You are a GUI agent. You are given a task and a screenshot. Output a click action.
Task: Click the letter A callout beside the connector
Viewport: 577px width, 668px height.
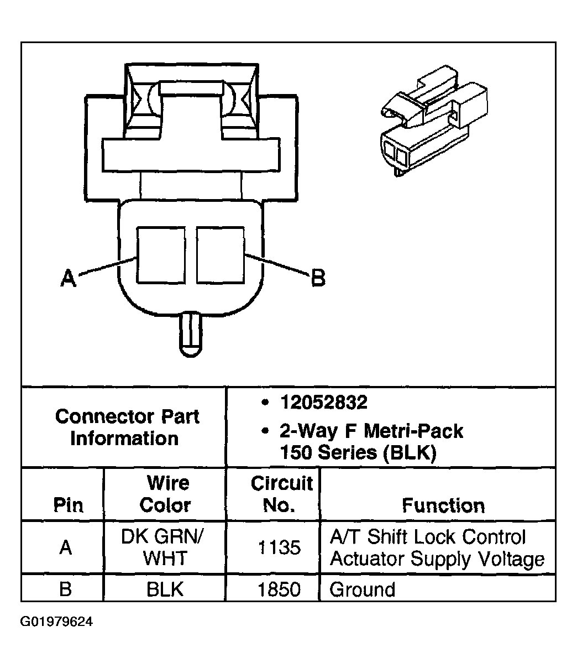tap(68, 278)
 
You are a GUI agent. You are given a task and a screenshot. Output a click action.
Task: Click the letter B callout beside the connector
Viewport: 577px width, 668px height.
tap(318, 278)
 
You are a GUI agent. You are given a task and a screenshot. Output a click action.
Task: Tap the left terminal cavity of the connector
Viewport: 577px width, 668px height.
tap(161, 254)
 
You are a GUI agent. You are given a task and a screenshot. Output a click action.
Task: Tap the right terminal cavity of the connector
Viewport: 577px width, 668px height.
tap(221, 254)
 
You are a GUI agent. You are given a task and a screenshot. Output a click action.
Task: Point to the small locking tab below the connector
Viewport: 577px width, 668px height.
tap(190, 335)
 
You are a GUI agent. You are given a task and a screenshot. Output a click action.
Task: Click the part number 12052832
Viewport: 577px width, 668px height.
tap(323, 403)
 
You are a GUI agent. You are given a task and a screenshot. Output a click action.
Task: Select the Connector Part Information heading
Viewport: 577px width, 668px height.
tap(127, 427)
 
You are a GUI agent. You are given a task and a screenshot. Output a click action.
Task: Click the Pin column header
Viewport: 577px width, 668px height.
tap(68, 505)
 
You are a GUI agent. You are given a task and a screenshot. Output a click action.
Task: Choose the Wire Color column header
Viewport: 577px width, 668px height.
tap(165, 494)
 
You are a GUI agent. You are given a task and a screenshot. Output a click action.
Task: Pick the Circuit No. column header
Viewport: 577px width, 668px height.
tap(281, 494)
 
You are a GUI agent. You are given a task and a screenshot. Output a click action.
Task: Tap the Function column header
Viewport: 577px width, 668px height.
tap(443, 505)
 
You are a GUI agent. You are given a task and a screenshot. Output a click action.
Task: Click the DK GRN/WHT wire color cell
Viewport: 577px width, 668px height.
tap(165, 547)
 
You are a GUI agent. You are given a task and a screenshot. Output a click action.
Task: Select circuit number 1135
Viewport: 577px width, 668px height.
tap(279, 548)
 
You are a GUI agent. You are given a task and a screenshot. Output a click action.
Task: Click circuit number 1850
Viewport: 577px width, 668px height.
tap(279, 589)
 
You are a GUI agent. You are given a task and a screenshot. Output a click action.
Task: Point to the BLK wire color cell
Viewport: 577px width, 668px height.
tap(165, 589)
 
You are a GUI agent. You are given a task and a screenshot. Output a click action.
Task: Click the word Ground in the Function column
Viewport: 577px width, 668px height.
tap(362, 589)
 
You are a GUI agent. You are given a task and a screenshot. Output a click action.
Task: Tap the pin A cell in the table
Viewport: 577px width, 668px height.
tap(65, 547)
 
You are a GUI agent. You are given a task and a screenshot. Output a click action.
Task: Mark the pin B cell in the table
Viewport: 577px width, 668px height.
tap(65, 589)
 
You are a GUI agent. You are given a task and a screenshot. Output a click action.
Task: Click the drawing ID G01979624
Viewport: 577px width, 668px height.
tap(57, 622)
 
